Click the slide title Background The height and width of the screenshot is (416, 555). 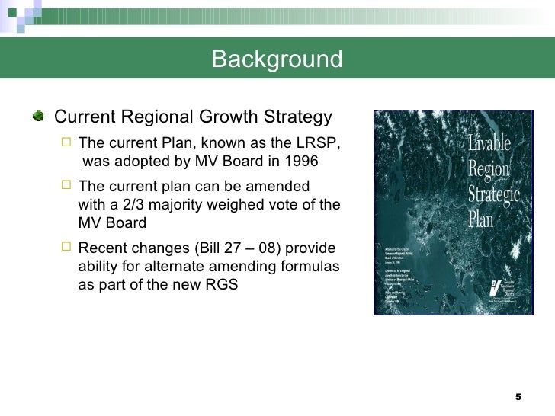(277, 59)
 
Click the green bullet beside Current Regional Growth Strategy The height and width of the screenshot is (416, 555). (38, 117)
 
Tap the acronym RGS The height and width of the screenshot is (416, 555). (223, 286)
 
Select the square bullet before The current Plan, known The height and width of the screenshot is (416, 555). (66, 143)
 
